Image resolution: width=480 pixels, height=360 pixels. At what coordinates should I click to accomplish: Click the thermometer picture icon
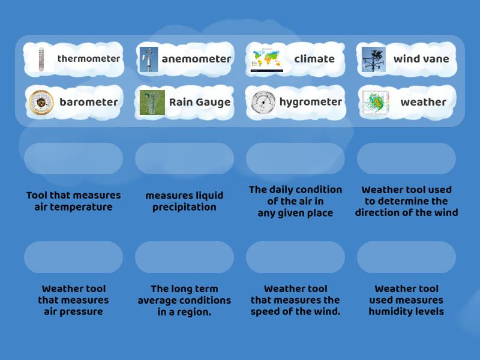click(x=40, y=59)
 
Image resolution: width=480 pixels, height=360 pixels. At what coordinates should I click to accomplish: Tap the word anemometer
click(x=196, y=59)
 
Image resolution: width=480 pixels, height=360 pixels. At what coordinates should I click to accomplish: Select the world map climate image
click(x=267, y=59)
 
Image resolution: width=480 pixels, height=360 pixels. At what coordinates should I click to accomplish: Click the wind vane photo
click(x=374, y=59)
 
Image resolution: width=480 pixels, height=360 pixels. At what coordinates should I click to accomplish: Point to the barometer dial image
click(x=41, y=103)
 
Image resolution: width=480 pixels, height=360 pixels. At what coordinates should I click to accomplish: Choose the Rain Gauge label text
click(x=200, y=102)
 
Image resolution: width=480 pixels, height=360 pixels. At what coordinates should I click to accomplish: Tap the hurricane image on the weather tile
click(x=376, y=103)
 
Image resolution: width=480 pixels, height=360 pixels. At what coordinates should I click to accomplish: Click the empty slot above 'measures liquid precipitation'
click(x=184, y=158)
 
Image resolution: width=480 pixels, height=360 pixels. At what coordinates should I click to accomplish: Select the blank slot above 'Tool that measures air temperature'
click(x=73, y=158)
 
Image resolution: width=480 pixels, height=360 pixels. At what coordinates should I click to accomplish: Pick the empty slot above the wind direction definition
click(x=406, y=158)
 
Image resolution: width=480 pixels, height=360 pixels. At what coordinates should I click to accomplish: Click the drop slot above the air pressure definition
click(x=73, y=257)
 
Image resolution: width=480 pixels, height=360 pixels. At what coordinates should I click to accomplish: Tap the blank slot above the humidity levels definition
click(x=406, y=257)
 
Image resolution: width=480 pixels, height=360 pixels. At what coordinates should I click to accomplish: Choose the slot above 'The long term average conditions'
click(x=184, y=257)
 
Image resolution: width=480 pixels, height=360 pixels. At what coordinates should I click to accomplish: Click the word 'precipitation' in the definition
click(x=184, y=207)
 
